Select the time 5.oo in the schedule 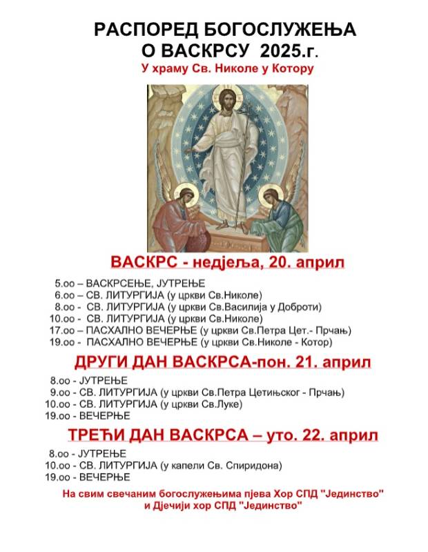coord(65,284)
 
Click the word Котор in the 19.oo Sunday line coord(318,342)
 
